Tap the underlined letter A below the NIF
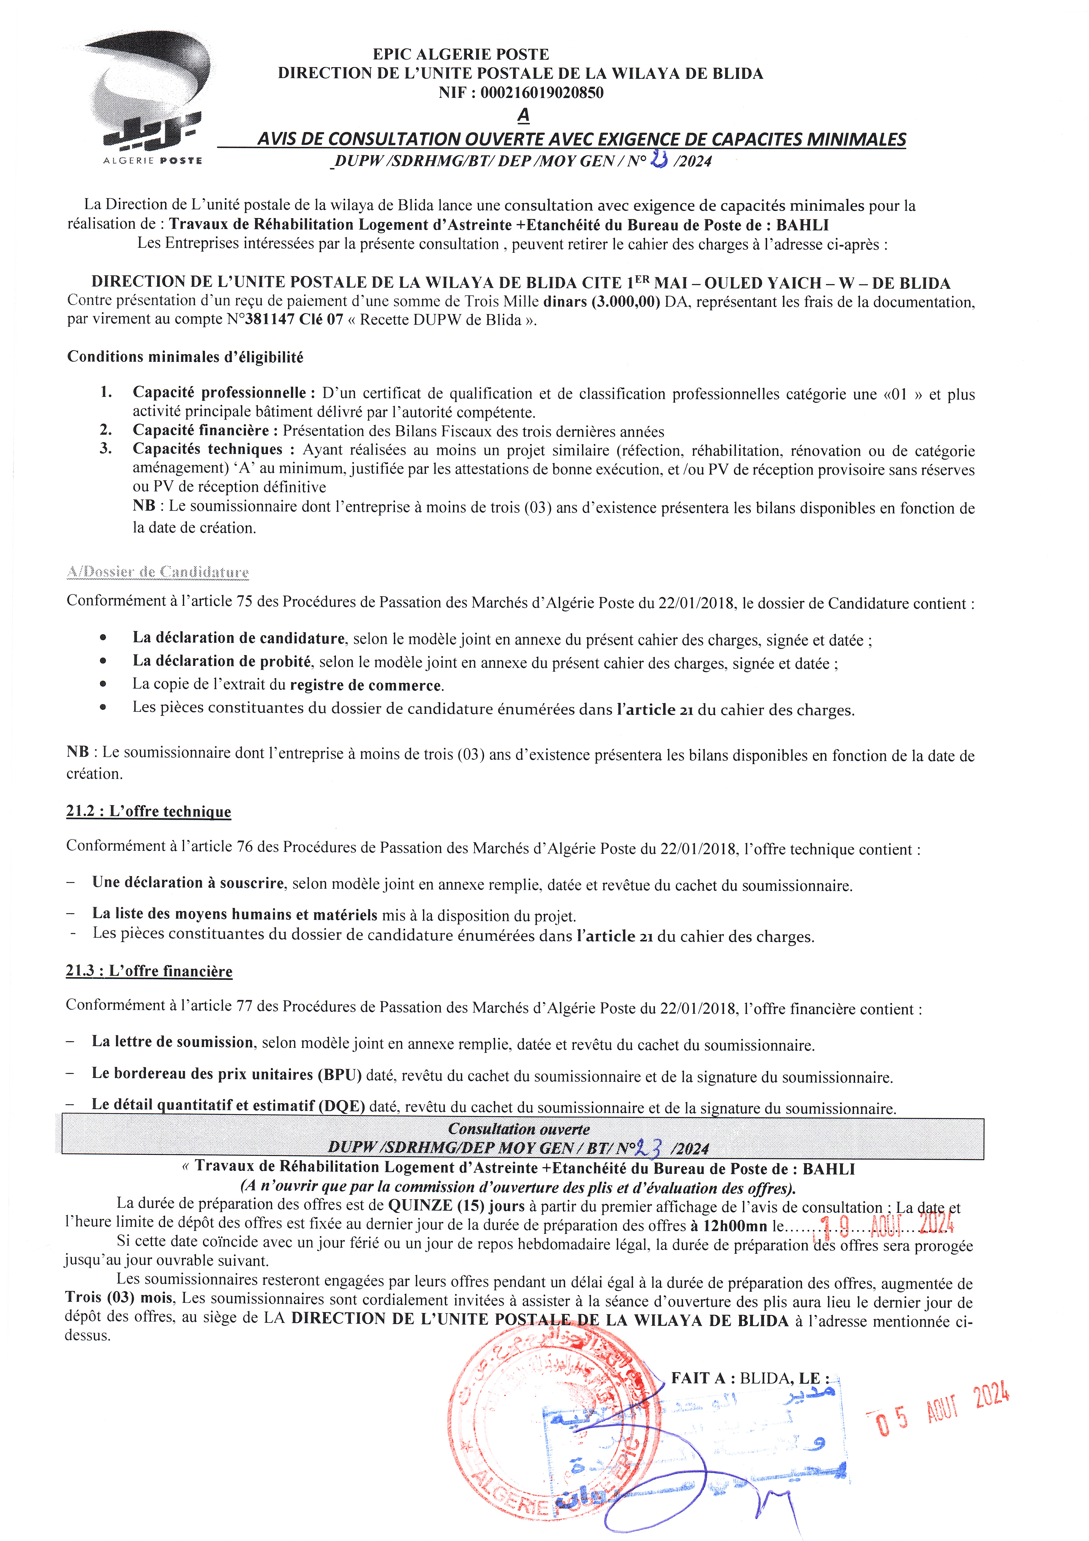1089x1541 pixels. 523,116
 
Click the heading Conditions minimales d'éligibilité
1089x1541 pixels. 185,357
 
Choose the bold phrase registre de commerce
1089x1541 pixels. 366,685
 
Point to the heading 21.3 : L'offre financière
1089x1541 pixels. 149,971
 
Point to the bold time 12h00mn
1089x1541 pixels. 735,1226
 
